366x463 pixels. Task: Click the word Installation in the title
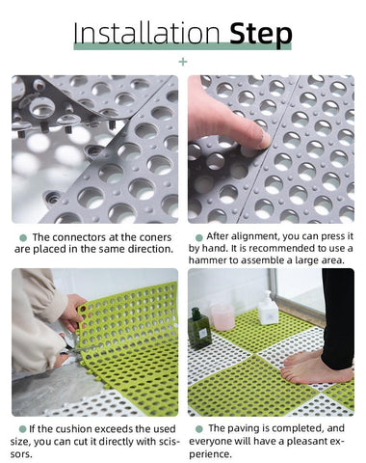[x=146, y=33]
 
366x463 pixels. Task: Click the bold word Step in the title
[x=261, y=35]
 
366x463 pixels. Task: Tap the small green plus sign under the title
[x=183, y=62]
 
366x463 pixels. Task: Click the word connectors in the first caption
[x=79, y=237]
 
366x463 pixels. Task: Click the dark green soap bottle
[x=198, y=328]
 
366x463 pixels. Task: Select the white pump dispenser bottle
[x=269, y=309]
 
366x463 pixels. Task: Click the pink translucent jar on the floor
[x=222, y=316]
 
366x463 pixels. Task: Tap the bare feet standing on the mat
[x=315, y=368]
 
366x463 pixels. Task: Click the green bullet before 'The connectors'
[x=23, y=238]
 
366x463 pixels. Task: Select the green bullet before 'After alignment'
[x=199, y=237]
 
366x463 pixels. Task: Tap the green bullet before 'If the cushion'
[x=22, y=429]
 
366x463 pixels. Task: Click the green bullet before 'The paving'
[x=199, y=429]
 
